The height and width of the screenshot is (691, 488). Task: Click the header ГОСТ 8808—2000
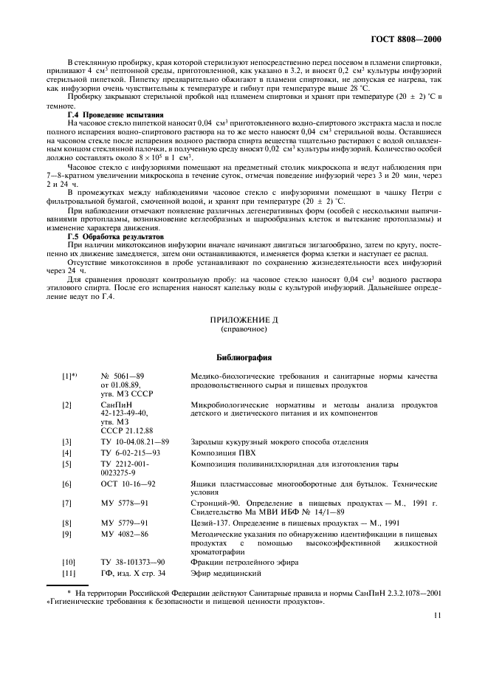(408, 38)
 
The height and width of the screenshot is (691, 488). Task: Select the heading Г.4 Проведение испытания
(115, 115)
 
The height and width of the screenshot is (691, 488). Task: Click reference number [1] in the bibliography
(69, 376)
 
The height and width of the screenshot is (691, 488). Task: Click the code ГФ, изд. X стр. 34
(133, 573)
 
